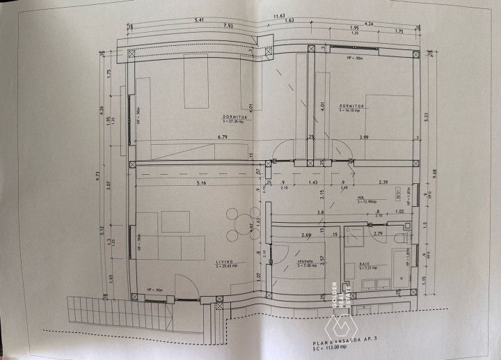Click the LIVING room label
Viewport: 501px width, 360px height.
[x=224, y=263]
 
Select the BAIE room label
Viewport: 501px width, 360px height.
[x=367, y=265]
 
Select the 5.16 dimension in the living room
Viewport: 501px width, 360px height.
[x=202, y=184]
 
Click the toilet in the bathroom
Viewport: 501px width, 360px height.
[x=399, y=256]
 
